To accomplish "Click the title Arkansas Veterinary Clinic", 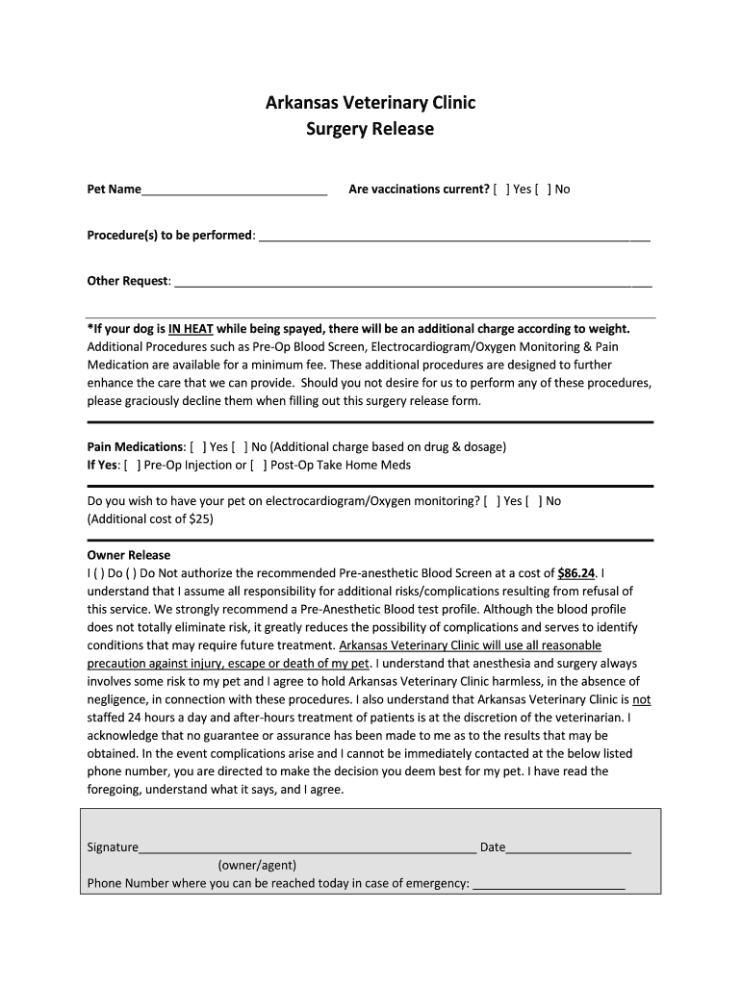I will pyautogui.click(x=370, y=103).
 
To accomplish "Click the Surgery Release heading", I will pyautogui.click(x=370, y=129).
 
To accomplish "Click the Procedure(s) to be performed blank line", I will pyautogui.click(x=454, y=237).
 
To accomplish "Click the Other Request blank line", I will pyautogui.click(x=413, y=283).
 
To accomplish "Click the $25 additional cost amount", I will pyautogui.click(x=200, y=519).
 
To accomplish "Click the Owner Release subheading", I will pyautogui.click(x=129, y=555).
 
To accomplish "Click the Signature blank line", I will pyautogui.click(x=308, y=848).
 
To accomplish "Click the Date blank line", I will pyautogui.click(x=569, y=848).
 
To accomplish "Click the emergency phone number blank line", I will pyautogui.click(x=549, y=884).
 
